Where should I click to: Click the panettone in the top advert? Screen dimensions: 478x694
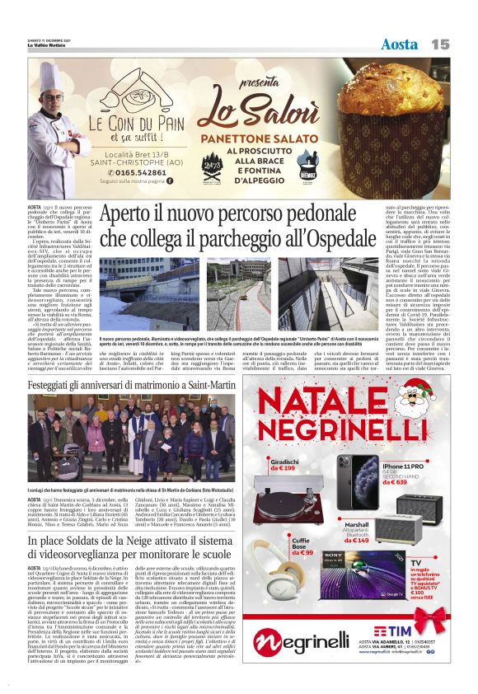point(401,103)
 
